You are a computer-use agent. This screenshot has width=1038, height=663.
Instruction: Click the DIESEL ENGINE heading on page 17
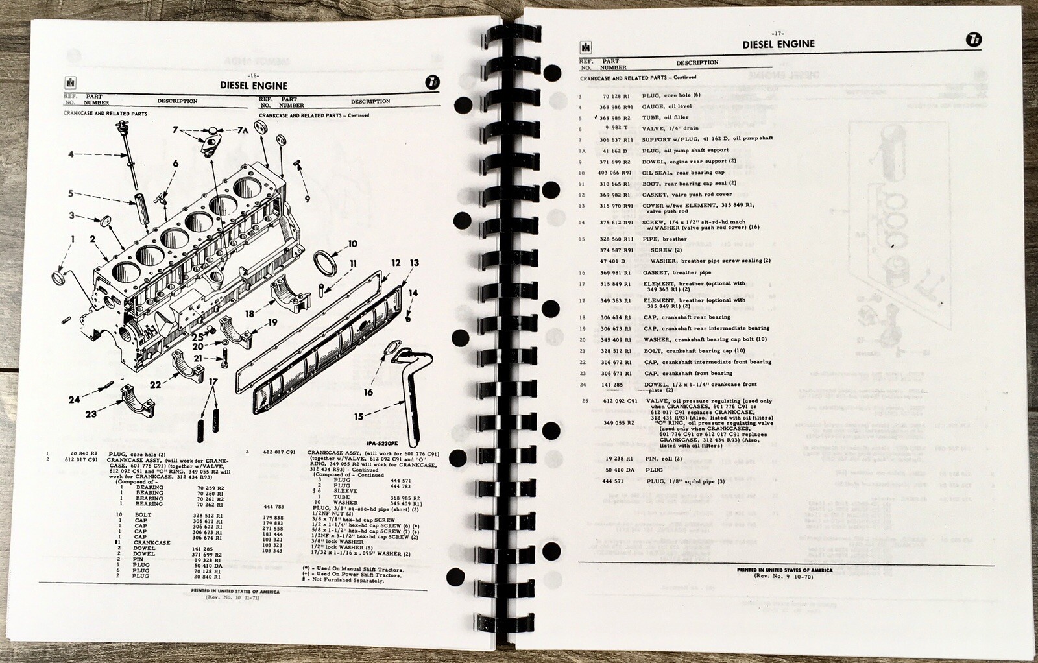pos(778,44)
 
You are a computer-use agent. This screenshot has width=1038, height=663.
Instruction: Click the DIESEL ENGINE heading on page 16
pos(253,85)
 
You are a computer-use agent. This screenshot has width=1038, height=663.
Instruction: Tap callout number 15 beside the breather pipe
pos(358,416)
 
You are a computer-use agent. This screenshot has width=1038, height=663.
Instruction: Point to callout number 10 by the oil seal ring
pos(352,244)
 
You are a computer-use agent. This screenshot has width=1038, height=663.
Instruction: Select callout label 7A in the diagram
pos(241,130)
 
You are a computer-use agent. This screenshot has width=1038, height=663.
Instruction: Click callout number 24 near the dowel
pos(74,399)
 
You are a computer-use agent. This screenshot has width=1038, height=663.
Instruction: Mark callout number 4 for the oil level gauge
pos(71,154)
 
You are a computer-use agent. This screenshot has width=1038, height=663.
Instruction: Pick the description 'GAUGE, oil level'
pos(666,106)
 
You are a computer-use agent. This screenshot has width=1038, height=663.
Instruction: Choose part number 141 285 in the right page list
pos(612,385)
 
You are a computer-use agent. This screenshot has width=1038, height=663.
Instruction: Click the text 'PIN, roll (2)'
pos(664,459)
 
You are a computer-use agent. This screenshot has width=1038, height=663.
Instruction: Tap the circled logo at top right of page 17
pos(974,40)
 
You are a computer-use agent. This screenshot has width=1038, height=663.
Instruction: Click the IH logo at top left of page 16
pos(69,83)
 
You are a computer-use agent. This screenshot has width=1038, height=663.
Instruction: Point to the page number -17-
pos(777,33)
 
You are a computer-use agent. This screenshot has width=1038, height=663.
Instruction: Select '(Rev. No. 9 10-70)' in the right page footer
pos(783,576)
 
